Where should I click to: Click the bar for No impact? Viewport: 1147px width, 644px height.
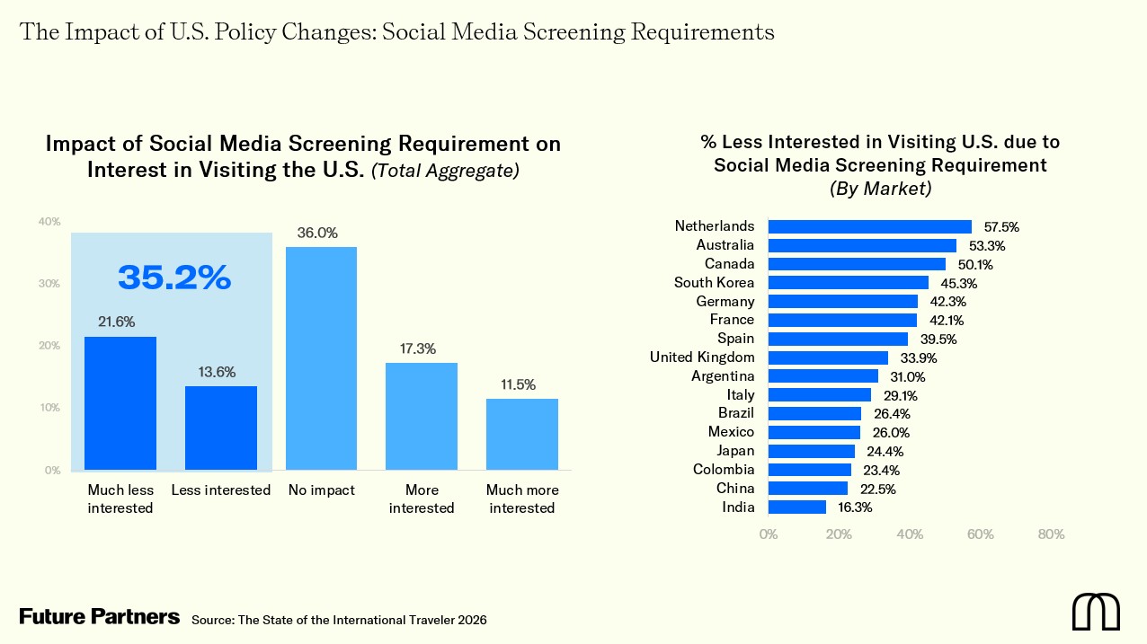click(321, 357)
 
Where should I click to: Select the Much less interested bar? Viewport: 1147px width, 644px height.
click(120, 402)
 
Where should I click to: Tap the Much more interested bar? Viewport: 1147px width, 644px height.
click(521, 434)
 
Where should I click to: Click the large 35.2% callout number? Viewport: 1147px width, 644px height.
click(174, 278)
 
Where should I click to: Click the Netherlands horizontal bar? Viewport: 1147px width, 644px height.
click(869, 226)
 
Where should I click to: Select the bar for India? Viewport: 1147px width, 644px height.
click(796, 507)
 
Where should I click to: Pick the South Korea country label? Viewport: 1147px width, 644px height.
click(714, 283)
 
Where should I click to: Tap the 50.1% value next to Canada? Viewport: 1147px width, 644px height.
click(969, 264)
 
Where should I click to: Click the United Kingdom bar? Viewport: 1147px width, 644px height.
click(828, 357)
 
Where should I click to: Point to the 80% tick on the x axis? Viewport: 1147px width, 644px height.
click(1050, 534)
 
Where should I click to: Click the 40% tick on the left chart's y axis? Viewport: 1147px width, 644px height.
click(49, 222)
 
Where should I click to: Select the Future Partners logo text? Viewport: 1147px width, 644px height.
click(99, 617)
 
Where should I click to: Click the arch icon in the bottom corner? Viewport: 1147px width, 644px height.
click(1095, 612)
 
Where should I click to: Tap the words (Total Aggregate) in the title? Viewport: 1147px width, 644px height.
click(446, 171)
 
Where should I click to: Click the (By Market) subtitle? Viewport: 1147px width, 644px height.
click(879, 190)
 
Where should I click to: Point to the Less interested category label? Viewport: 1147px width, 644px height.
click(220, 490)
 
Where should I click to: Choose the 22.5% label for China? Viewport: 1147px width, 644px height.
click(877, 489)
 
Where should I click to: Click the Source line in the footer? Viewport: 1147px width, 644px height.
click(339, 620)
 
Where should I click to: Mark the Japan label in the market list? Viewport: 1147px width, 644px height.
click(735, 451)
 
